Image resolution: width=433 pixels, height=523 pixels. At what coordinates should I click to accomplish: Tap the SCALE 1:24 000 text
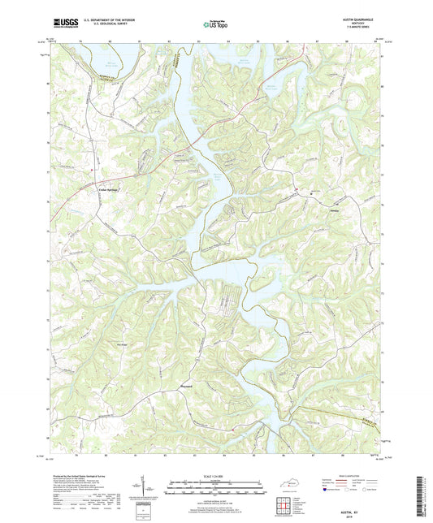[216, 477]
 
